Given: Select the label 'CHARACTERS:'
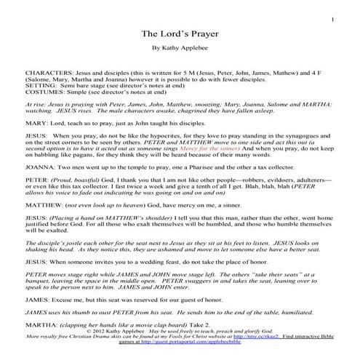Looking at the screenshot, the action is click(46, 74).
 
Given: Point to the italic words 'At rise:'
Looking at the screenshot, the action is click(36, 106).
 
